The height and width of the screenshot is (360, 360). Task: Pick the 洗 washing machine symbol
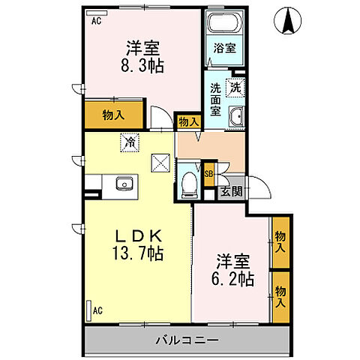235,86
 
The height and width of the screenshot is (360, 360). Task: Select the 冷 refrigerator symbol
130,141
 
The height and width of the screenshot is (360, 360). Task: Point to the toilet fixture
190,182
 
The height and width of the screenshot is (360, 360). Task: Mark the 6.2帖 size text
233,283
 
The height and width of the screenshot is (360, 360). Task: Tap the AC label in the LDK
97,307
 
